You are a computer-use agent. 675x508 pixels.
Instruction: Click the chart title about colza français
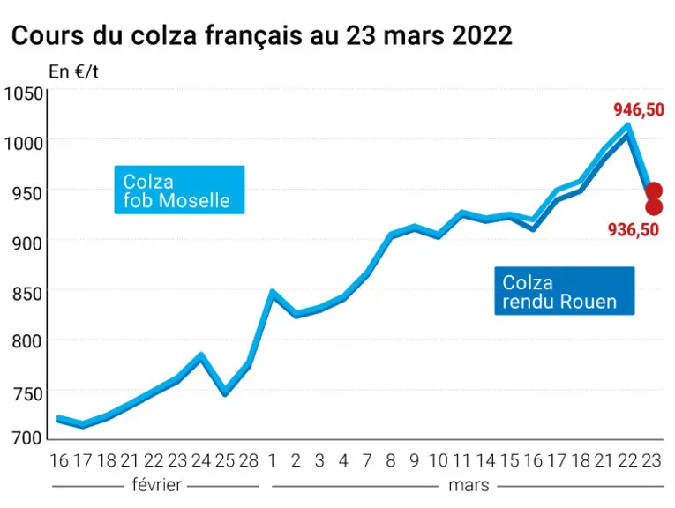pyautogui.click(x=262, y=35)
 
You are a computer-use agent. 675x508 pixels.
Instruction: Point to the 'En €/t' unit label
pyautogui.click(x=73, y=71)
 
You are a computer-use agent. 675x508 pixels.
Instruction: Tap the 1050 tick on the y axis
pyautogui.click(x=23, y=93)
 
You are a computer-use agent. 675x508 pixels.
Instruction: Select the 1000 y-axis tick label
pyautogui.click(x=23, y=142)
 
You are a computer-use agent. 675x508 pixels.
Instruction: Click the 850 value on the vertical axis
pyautogui.click(x=27, y=295)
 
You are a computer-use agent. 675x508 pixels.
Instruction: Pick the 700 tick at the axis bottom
pyautogui.click(x=27, y=438)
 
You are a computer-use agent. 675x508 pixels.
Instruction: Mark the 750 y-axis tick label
pyautogui.click(x=27, y=394)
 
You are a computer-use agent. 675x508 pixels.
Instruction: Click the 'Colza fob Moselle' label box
pyautogui.click(x=179, y=190)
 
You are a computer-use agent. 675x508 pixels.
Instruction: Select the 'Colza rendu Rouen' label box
pyautogui.click(x=565, y=291)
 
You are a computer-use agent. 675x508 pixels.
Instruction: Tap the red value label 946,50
pyautogui.click(x=639, y=110)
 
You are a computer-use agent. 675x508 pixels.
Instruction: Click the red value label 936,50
pyautogui.click(x=634, y=229)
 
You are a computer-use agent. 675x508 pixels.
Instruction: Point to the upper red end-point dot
pyautogui.click(x=654, y=190)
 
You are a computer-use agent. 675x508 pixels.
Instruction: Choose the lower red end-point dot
pyautogui.click(x=654, y=207)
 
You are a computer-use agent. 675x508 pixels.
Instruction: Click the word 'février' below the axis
pyautogui.click(x=157, y=485)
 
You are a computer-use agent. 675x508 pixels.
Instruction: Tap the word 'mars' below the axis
pyautogui.click(x=469, y=486)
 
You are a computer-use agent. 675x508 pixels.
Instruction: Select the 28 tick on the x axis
pyautogui.click(x=249, y=460)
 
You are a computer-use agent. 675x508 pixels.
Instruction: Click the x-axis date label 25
pyautogui.click(x=225, y=460)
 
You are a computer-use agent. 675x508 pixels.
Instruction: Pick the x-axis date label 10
pyautogui.click(x=439, y=460)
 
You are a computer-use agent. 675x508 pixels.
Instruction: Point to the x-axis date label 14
pyautogui.click(x=485, y=460)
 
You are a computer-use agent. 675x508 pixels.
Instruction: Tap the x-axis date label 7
pyautogui.click(x=367, y=460)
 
